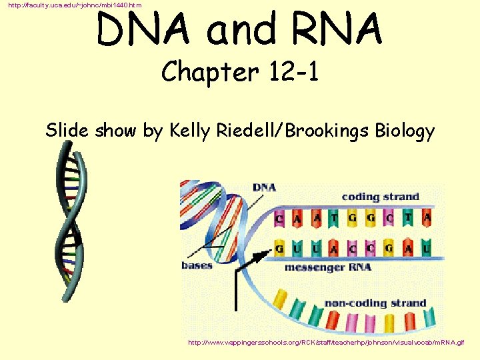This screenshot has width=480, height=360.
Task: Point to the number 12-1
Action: [x=288, y=71]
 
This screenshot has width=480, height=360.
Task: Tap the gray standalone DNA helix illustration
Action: [x=71, y=224]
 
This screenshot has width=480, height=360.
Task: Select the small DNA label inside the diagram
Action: [x=264, y=187]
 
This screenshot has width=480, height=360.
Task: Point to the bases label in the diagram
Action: [x=197, y=265]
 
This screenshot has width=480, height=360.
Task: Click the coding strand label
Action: [x=380, y=197]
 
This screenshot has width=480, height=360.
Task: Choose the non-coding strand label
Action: [x=375, y=303]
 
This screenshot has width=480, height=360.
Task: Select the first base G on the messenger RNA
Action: [x=279, y=249]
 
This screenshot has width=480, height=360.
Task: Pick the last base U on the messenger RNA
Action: [x=426, y=249]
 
